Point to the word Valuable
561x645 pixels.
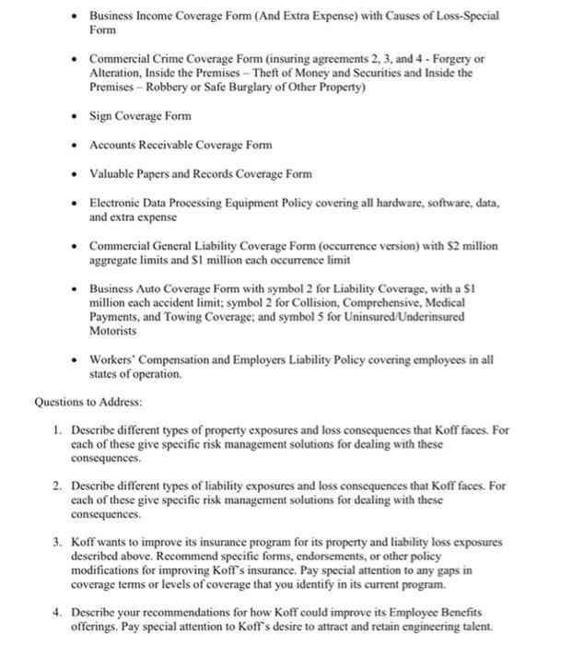[112, 173]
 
